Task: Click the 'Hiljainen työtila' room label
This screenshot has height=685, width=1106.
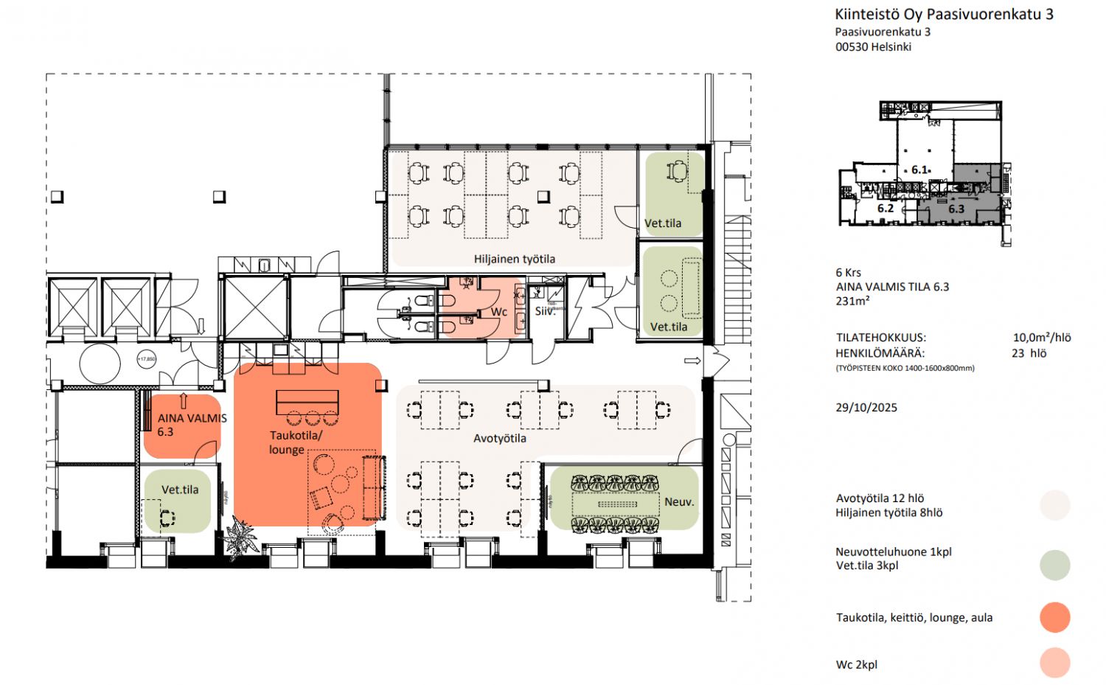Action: (514, 259)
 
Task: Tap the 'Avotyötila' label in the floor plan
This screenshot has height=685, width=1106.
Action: (499, 438)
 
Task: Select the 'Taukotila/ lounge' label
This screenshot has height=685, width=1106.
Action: (295, 442)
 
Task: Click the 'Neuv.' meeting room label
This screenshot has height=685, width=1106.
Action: (679, 501)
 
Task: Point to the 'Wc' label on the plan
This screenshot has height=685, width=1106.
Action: (499, 312)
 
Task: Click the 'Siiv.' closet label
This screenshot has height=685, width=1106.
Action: (545, 312)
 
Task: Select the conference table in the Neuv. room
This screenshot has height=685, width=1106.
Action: (616, 504)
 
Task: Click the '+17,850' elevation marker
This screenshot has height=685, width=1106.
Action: (147, 359)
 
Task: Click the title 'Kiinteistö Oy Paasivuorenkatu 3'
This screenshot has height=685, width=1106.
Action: (944, 14)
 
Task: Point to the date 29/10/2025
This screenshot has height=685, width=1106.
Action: (866, 408)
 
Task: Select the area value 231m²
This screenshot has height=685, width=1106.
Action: (853, 301)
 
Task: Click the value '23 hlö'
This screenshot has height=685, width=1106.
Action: (1029, 353)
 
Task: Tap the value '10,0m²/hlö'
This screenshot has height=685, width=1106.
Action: (1041, 338)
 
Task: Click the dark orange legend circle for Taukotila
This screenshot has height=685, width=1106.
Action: (1054, 617)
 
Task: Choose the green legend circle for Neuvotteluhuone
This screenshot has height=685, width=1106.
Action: (1054, 565)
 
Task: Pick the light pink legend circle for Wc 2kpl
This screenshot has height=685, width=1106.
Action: (1054, 663)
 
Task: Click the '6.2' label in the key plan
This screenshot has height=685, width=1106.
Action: (886, 209)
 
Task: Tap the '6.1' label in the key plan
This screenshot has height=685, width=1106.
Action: (919, 170)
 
